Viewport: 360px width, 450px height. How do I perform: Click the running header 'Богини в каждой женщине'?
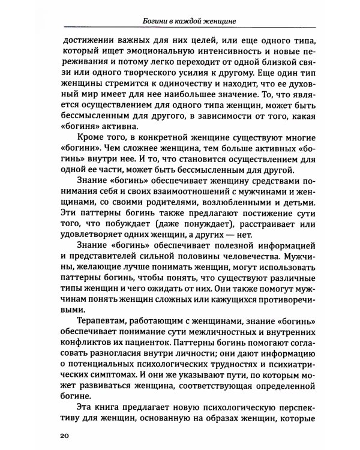184,22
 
